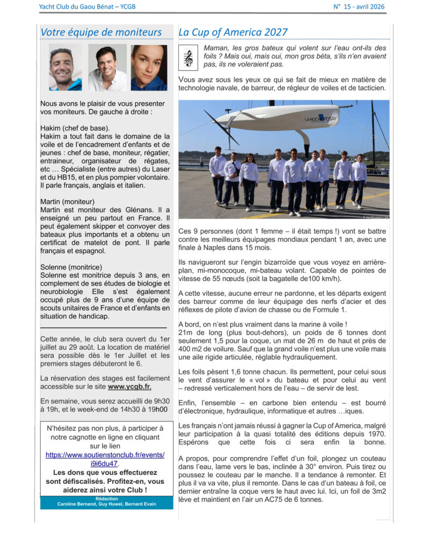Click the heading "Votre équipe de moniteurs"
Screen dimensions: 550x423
click(101, 32)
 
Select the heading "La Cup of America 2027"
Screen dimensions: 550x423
click(233, 32)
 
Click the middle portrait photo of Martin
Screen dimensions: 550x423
click(107, 68)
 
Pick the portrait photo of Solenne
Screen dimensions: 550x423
click(149, 68)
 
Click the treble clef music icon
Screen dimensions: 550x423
click(188, 56)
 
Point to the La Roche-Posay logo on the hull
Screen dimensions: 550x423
click(321, 118)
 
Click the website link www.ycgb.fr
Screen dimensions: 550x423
click(129, 386)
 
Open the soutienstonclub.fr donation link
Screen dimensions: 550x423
click(105, 459)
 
